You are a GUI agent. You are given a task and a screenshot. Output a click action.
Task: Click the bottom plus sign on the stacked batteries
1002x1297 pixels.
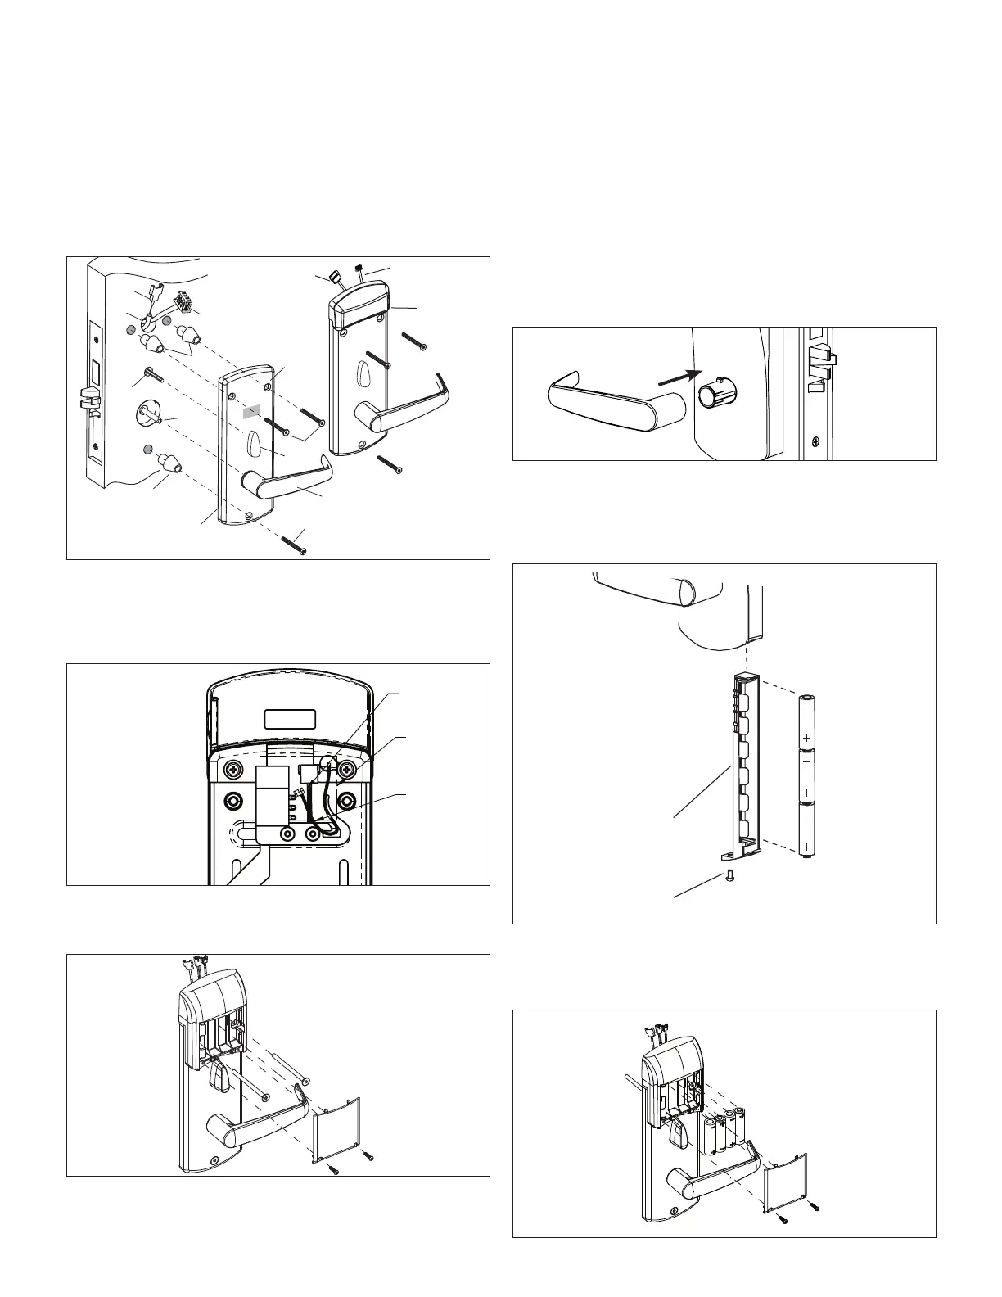click(807, 845)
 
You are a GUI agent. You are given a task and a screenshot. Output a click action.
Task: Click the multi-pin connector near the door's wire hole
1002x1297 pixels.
click(187, 305)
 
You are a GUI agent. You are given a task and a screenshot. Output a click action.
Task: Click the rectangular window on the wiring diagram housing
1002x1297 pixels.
click(290, 718)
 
